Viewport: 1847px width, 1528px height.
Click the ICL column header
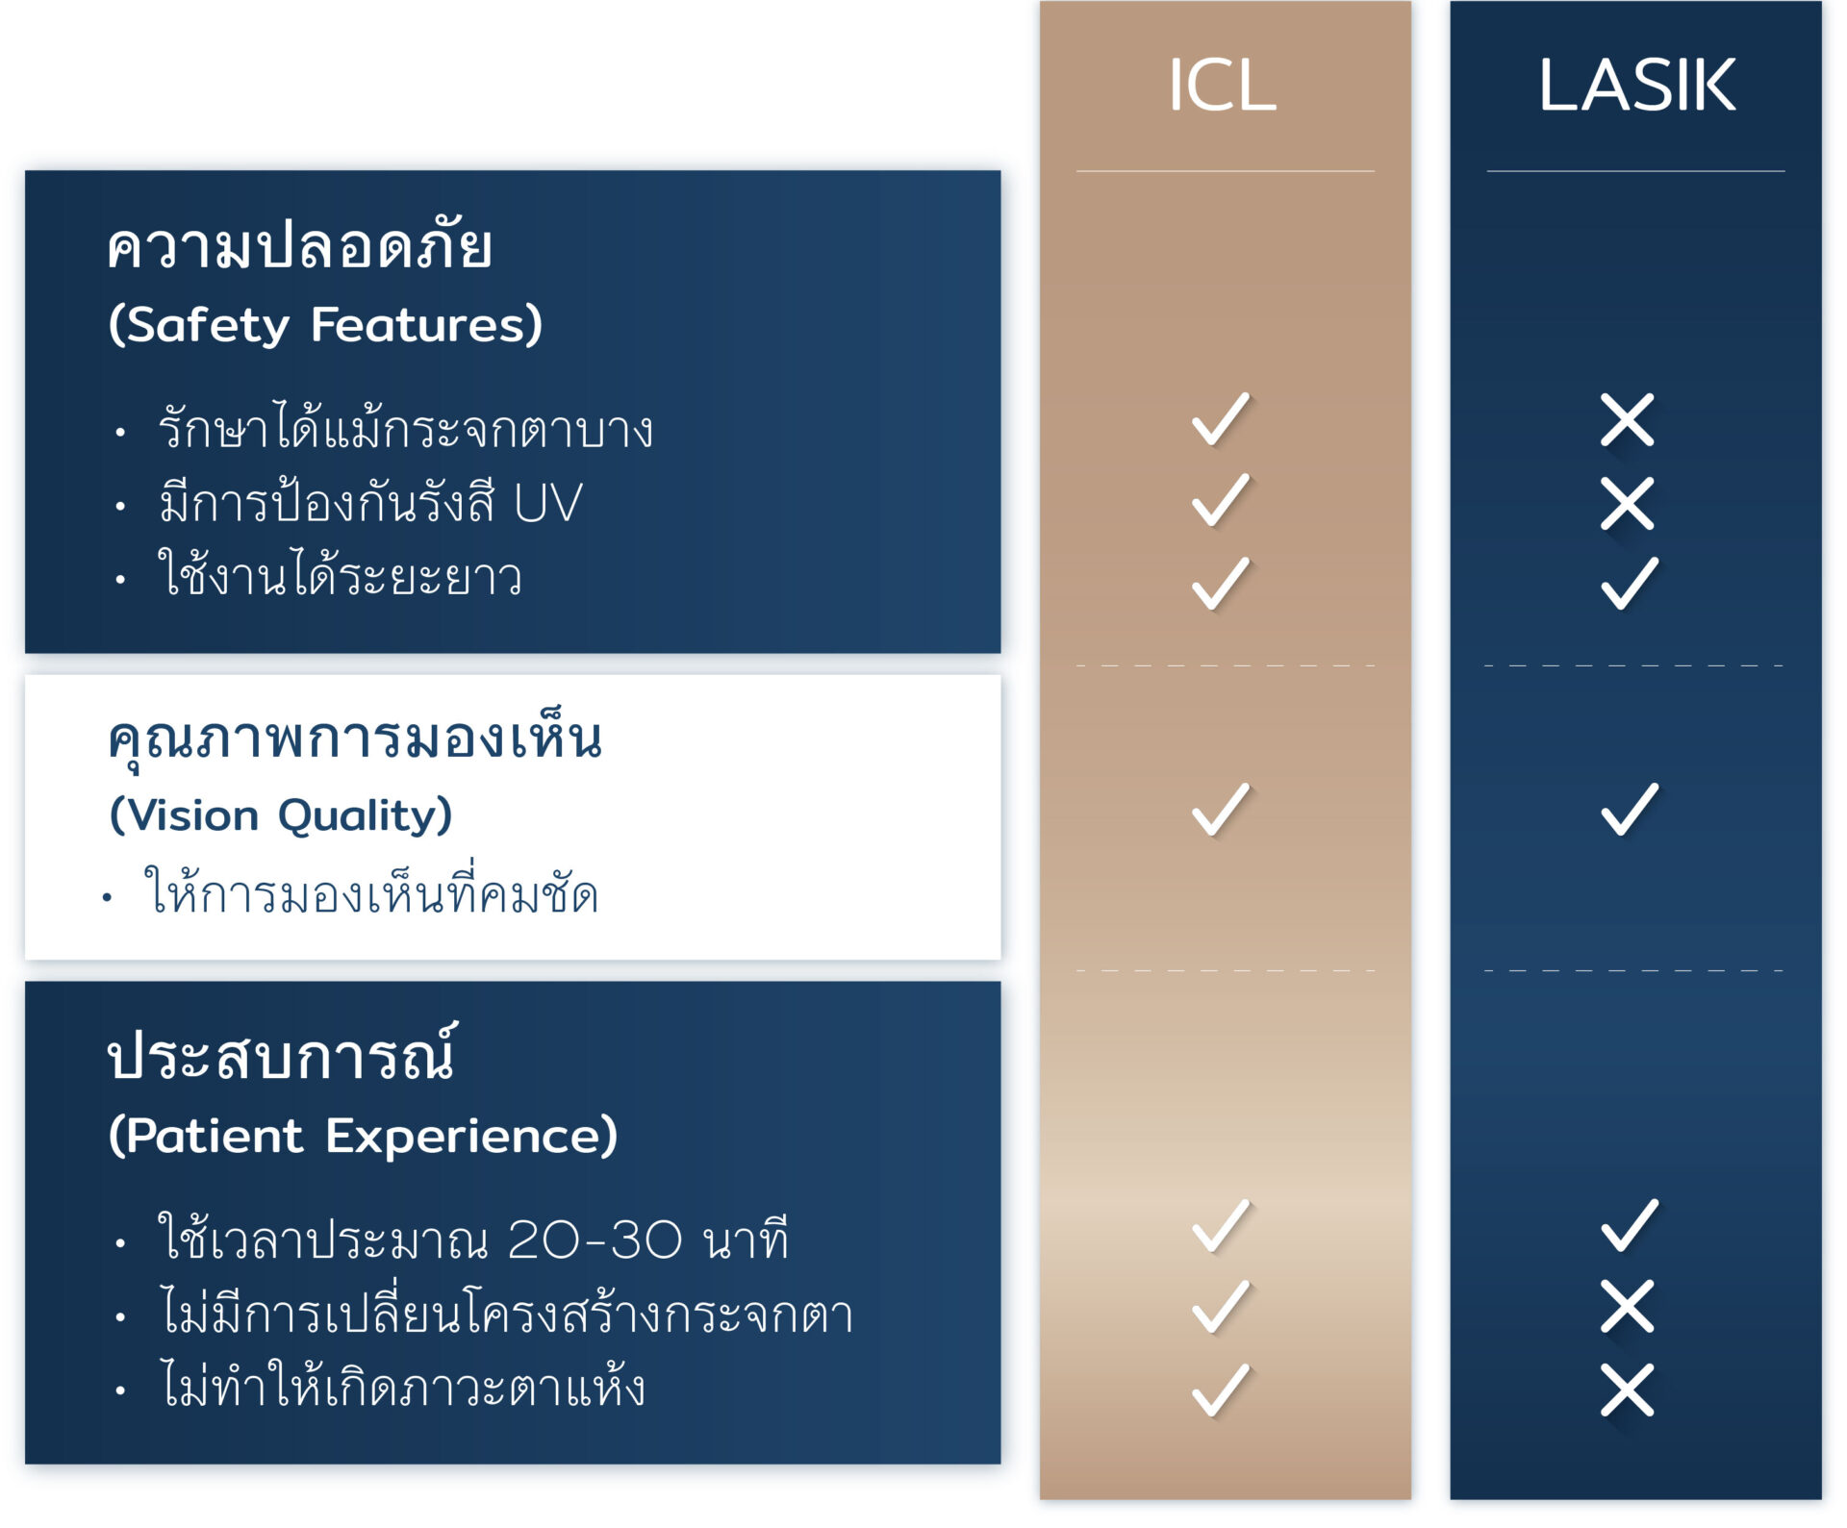tap(1223, 85)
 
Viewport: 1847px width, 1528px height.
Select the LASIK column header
tap(1636, 85)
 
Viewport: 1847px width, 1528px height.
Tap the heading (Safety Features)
tap(325, 325)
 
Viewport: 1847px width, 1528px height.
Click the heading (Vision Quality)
tap(280, 815)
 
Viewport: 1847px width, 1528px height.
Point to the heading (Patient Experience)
tap(363, 1136)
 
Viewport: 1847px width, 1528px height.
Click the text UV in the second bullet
tap(548, 503)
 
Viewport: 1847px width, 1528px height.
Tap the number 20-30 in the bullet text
tap(595, 1240)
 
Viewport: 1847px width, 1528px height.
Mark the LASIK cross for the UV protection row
tap(1628, 503)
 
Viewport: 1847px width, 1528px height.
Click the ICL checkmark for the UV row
tap(1221, 500)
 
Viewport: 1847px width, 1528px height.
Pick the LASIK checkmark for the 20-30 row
tap(1630, 1225)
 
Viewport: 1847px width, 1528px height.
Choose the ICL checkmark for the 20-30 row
tap(1221, 1225)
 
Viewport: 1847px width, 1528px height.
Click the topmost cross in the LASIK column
tap(1628, 420)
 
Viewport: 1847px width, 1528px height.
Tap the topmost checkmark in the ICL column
tap(1221, 418)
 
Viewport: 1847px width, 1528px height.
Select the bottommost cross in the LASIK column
tap(1628, 1390)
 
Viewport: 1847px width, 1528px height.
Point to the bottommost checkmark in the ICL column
tap(1221, 1390)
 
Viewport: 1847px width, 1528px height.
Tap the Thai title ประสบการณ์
tap(282, 1053)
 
